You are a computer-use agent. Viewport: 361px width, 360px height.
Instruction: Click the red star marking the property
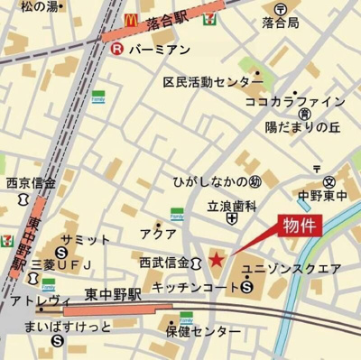(x=216, y=260)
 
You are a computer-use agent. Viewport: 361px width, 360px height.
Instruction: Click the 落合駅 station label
(x=171, y=18)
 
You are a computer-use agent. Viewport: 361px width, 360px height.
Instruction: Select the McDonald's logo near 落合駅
(x=130, y=17)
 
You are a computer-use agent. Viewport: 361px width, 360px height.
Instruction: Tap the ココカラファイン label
(x=295, y=101)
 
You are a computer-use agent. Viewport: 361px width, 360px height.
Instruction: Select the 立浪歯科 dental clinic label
(x=233, y=204)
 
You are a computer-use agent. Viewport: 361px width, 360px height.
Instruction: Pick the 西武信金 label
(x=164, y=263)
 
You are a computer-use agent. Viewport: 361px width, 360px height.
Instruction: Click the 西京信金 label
(x=31, y=181)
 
